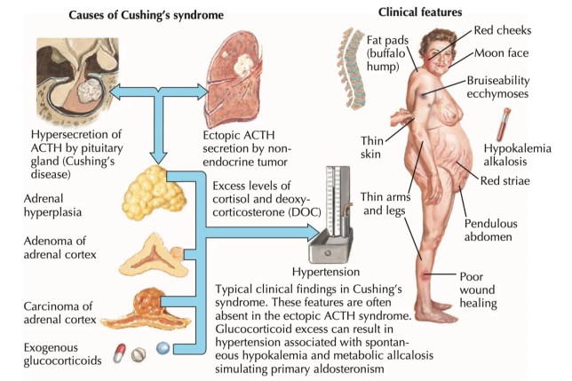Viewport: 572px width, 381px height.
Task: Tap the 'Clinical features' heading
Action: pyautogui.click(x=420, y=12)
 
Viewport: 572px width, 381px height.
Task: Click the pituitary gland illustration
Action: pyautogui.click(x=72, y=81)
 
